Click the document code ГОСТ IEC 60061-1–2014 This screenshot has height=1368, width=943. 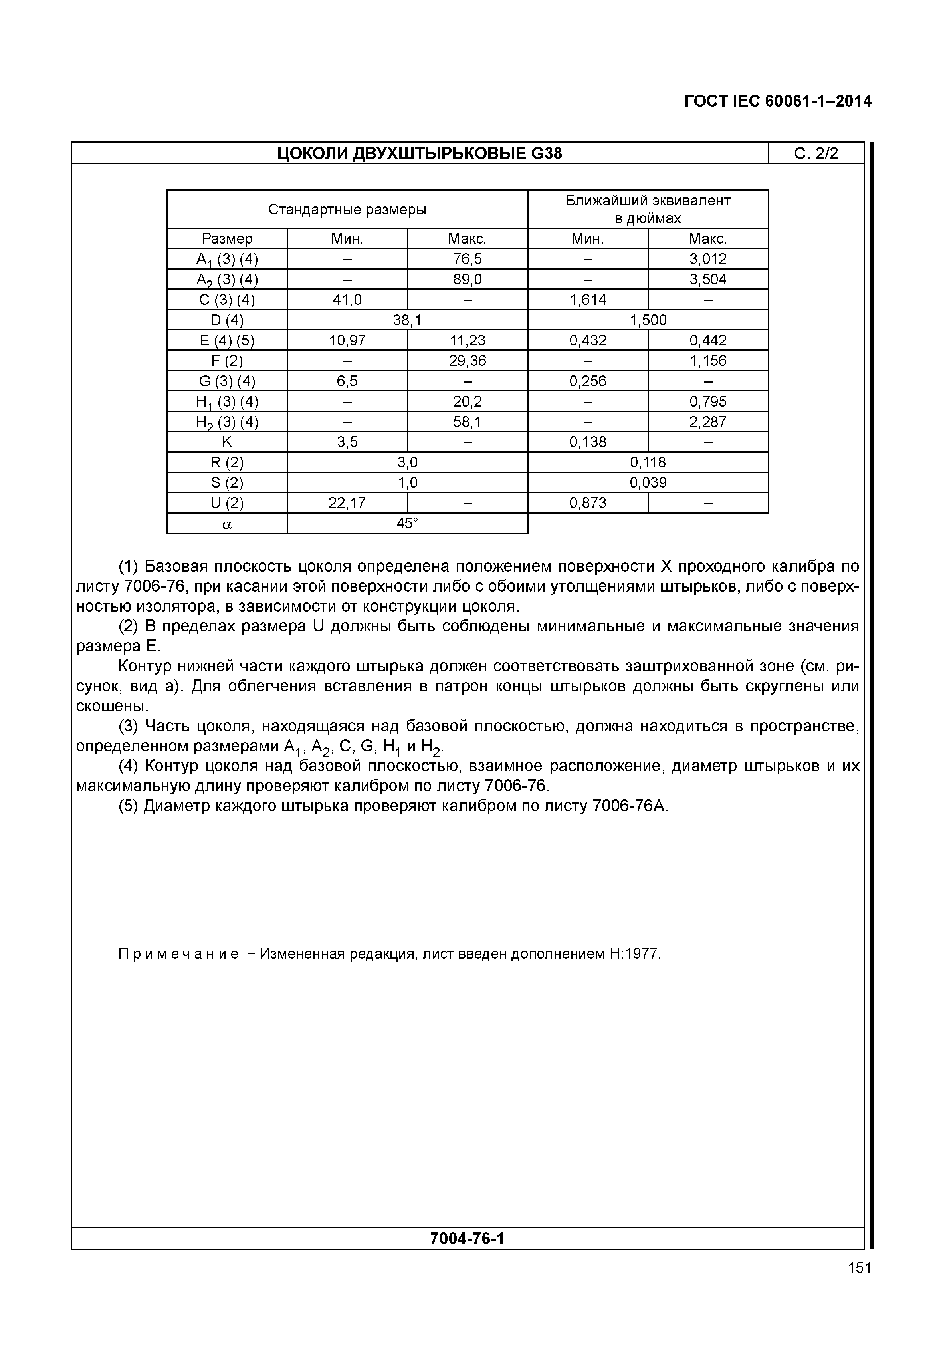[778, 101]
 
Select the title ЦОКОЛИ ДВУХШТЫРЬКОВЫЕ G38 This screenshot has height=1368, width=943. [420, 154]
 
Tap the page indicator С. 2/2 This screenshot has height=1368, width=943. [816, 154]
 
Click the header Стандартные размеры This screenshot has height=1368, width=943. [347, 209]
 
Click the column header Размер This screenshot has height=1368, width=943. [227, 239]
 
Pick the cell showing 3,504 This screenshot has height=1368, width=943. [708, 280]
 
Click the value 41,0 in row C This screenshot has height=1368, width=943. [347, 300]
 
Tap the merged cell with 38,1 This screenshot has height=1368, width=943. [407, 320]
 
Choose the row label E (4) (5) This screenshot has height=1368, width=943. [227, 341]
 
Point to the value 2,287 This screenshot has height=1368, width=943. [708, 422]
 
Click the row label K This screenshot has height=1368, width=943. [227, 442]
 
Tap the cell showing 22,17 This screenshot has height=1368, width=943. [347, 503]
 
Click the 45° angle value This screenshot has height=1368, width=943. [407, 523]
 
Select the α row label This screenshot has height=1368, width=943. [227, 524]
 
